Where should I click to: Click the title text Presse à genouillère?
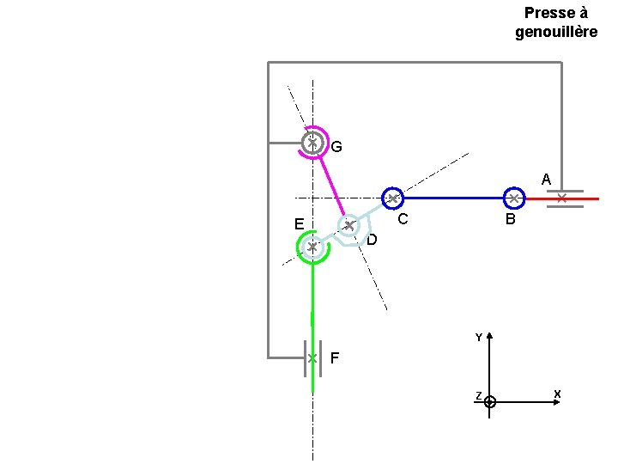556,22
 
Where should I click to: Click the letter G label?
336,147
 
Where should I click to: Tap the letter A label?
546,180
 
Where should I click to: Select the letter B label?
511,220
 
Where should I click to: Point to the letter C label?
401,219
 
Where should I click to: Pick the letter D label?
372,240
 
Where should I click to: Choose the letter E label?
298,224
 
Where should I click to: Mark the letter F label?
335,357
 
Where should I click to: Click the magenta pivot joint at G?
313,142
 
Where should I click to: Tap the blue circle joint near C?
392,198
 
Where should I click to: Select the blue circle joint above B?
513,198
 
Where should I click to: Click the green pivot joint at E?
312,247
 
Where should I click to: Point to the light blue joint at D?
348,226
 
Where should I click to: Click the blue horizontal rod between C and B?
452,198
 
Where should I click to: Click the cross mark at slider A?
561,198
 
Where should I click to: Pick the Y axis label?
479,338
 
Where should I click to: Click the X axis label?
557,394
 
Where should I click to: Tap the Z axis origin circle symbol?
489,401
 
